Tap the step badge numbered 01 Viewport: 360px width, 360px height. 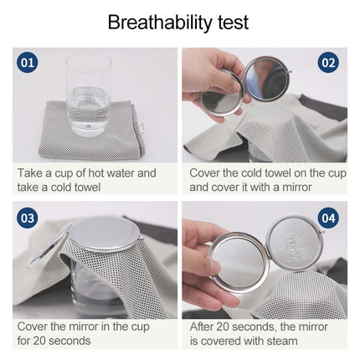coord(28,63)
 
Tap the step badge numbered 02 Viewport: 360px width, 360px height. coord(328,63)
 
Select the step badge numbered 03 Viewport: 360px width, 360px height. coord(28,219)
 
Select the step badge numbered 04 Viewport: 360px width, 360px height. coord(328,219)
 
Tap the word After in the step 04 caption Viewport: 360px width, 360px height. coord(205,327)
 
